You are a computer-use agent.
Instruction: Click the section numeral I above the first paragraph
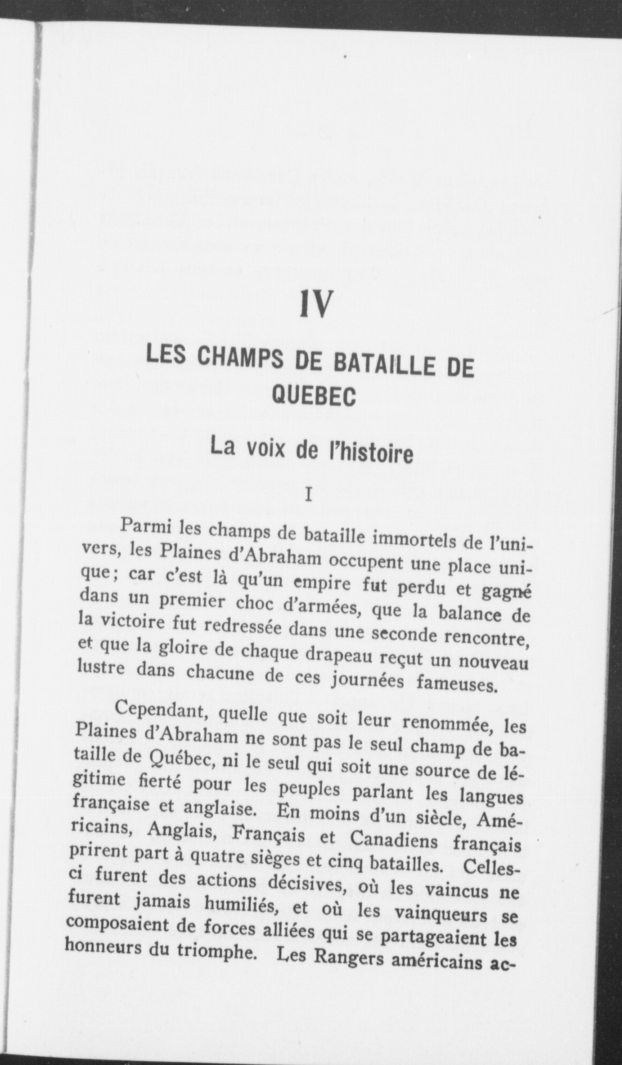(308, 496)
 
